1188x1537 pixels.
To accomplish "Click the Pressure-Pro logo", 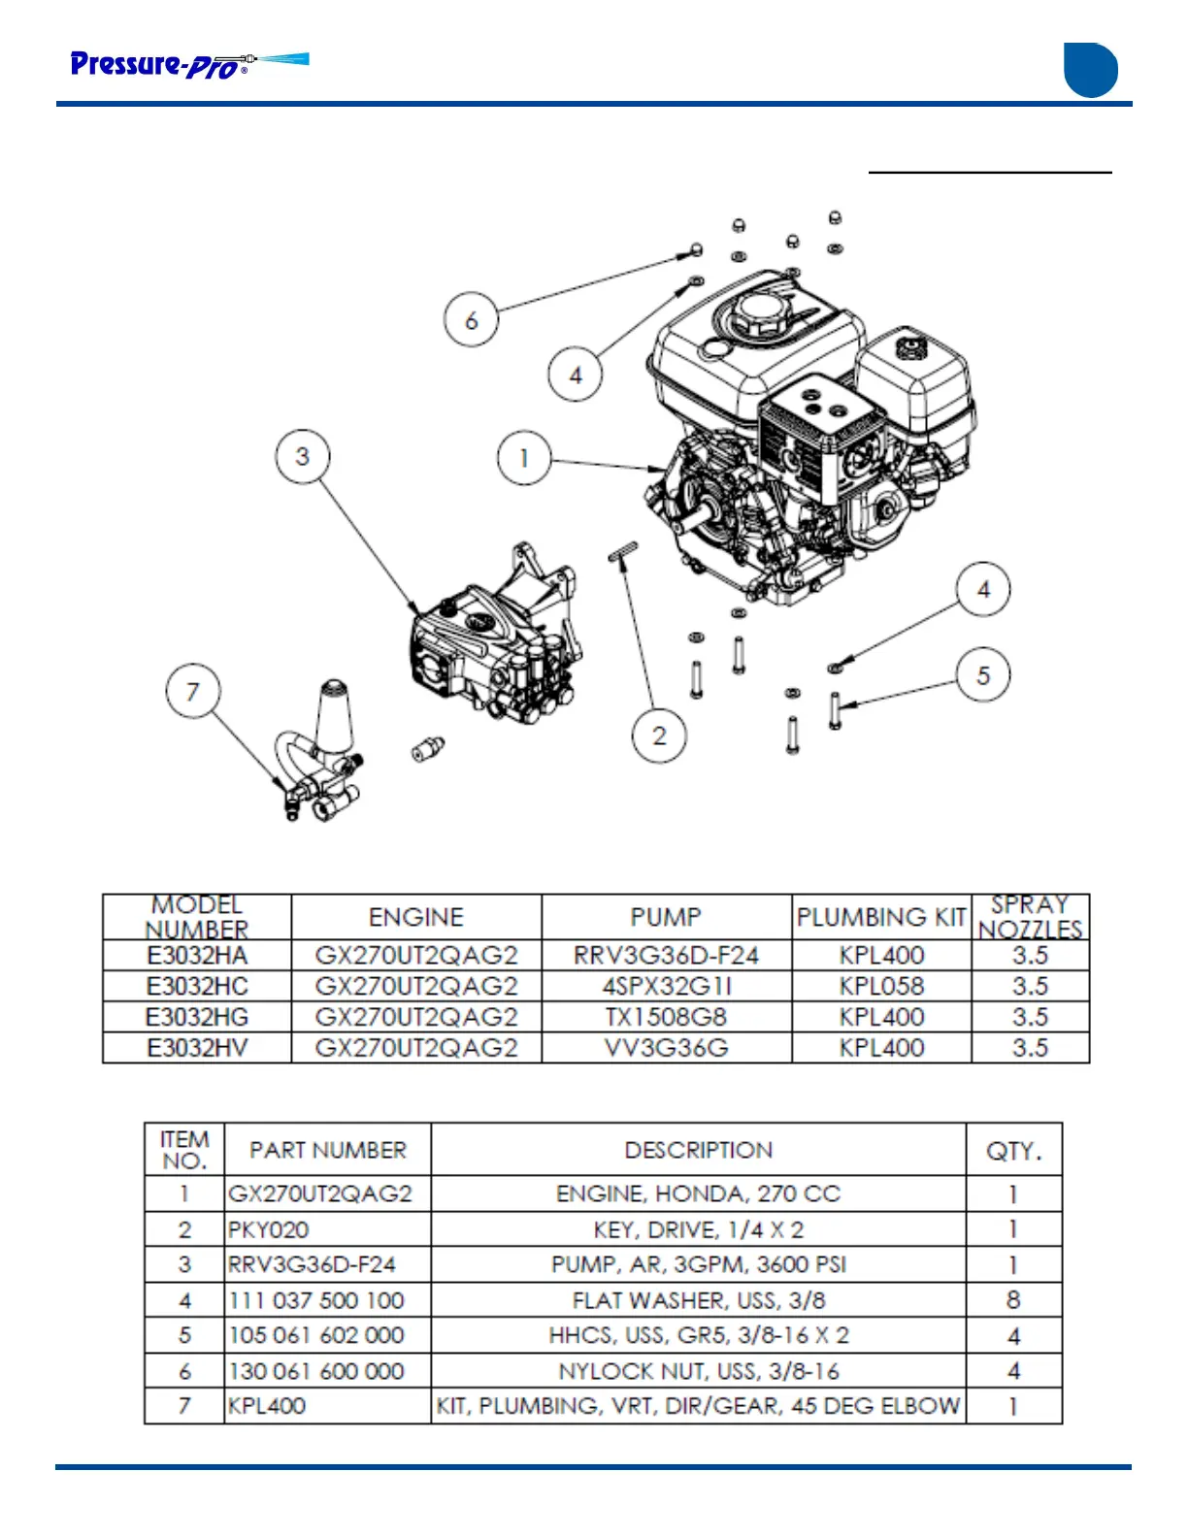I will [189, 64].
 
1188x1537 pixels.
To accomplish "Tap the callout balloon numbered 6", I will [472, 319].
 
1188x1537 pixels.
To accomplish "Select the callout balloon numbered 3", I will [303, 456].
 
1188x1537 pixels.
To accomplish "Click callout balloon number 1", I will [524, 458].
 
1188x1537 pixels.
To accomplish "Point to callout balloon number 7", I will [193, 691].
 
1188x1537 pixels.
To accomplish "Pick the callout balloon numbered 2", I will [660, 736].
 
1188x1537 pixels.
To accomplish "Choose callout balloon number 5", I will [983, 675].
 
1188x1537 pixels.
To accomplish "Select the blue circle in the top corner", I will [1091, 70].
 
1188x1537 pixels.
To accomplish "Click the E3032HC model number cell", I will [197, 986].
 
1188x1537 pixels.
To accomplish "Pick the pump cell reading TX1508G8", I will [666, 1017].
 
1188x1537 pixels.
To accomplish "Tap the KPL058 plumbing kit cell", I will [881, 986].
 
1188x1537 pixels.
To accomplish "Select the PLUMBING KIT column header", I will [881, 917].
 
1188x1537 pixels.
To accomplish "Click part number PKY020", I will [269, 1229].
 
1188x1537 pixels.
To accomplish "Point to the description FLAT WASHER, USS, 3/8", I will [699, 1300].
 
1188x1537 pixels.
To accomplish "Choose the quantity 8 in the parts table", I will [1013, 1300].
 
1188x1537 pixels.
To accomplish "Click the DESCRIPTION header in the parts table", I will [699, 1150].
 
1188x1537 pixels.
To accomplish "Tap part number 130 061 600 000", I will [316, 1371].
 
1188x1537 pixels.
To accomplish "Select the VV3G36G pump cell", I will [666, 1048].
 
